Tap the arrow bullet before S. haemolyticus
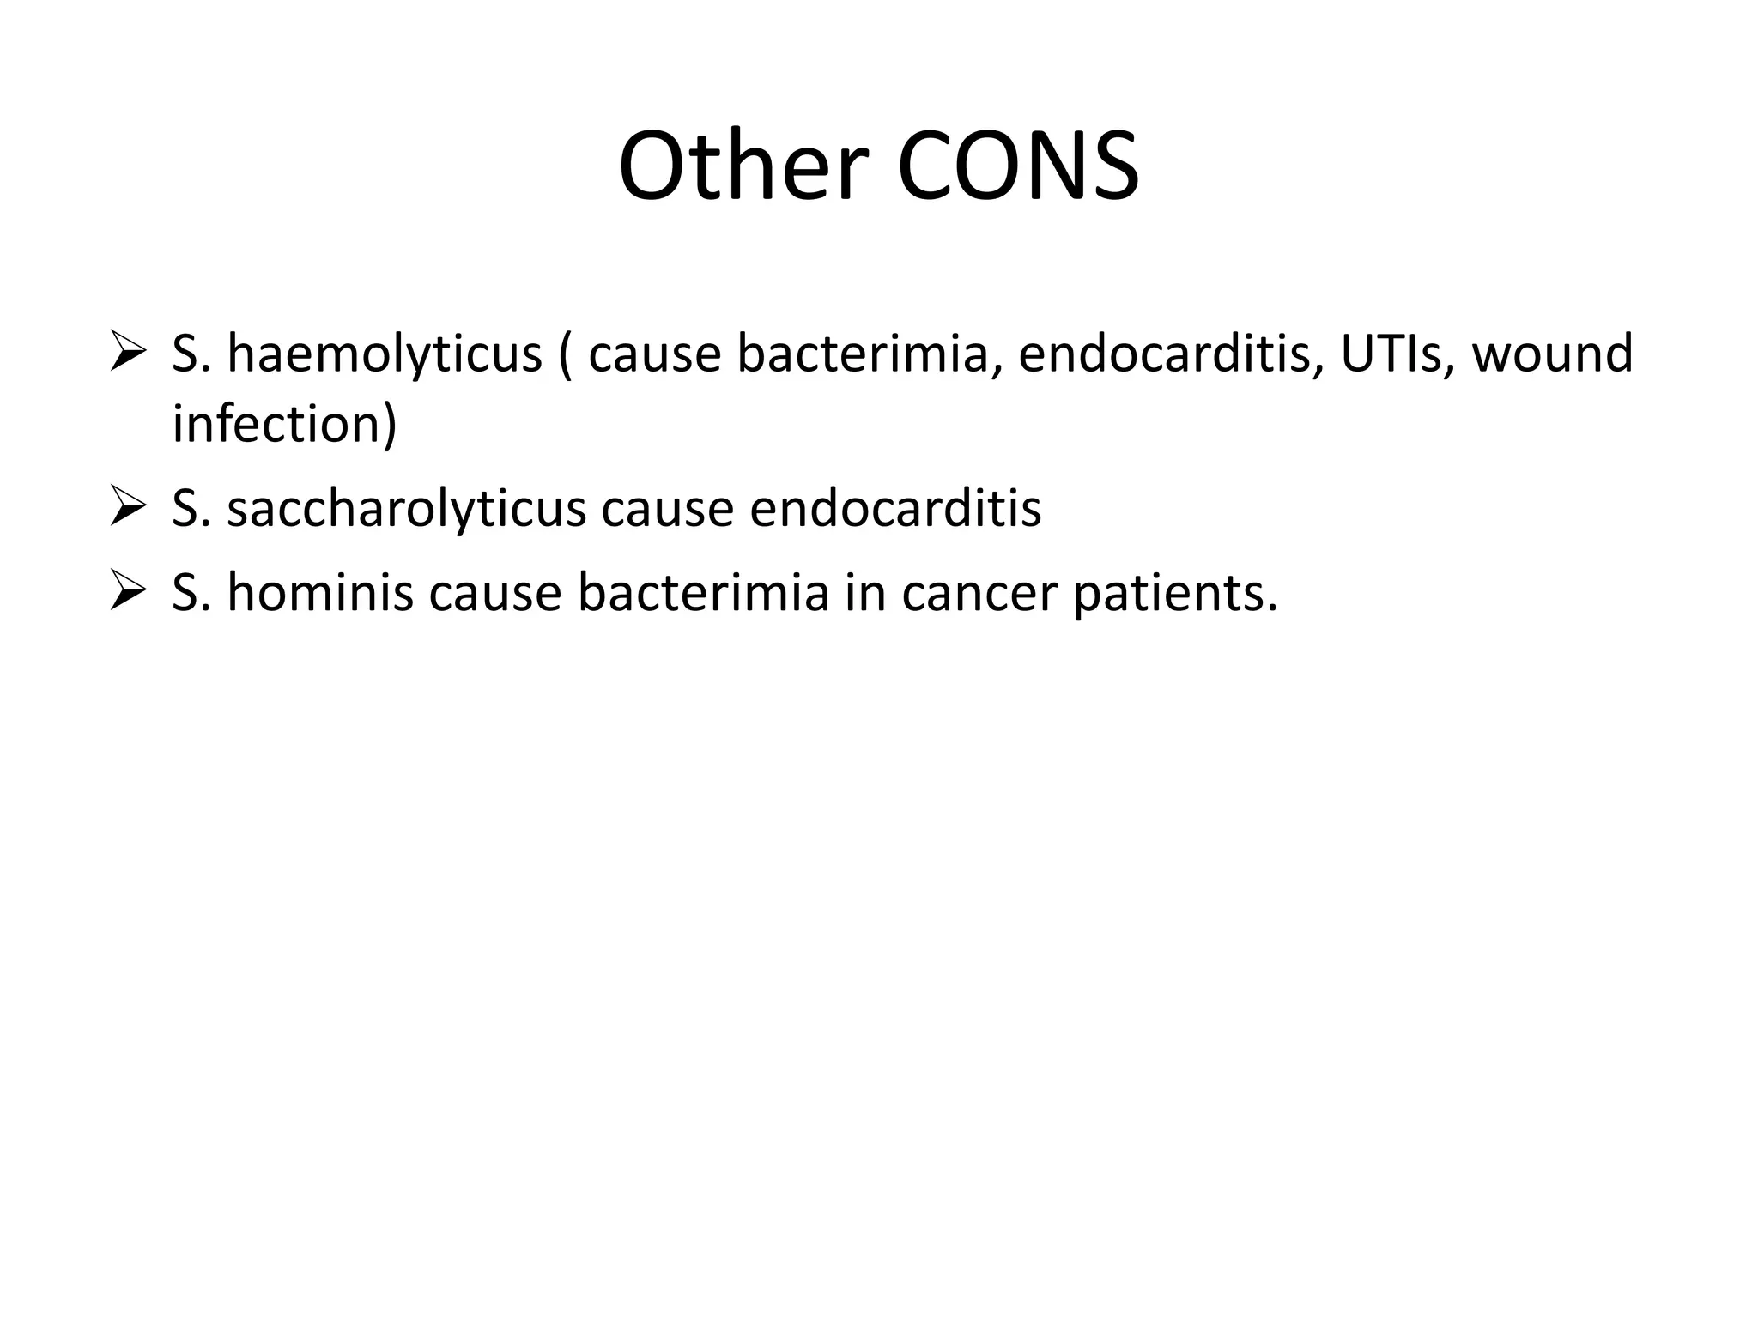[130, 354]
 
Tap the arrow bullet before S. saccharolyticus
[130, 507]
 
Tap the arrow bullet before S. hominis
[130, 592]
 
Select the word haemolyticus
[385, 354]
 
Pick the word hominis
[320, 592]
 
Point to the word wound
[1552, 354]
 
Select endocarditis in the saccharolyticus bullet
[895, 508]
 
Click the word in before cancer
[864, 592]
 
